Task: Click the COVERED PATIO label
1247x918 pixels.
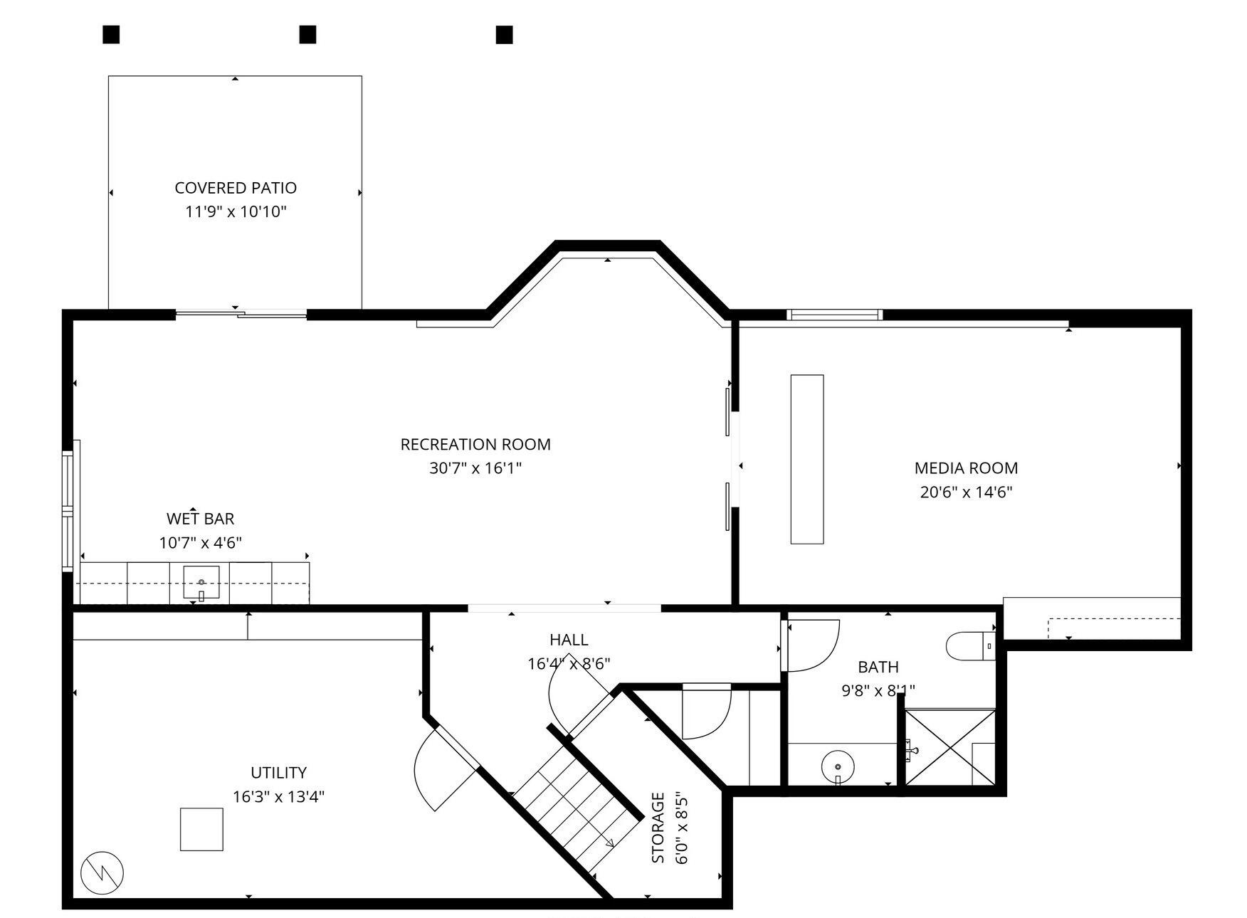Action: click(x=236, y=188)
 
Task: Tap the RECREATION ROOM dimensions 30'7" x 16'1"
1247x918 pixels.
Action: click(x=475, y=468)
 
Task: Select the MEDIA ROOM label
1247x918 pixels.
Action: click(x=966, y=468)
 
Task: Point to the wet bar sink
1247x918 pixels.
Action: click(x=201, y=582)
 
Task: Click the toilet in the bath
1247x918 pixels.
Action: click(x=969, y=646)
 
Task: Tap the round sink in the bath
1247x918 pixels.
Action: click(x=838, y=766)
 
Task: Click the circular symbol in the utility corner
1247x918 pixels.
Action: click(x=102, y=872)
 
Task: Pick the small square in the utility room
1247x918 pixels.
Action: click(x=201, y=829)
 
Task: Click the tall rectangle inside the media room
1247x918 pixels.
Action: click(x=807, y=459)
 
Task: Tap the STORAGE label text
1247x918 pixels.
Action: click(x=658, y=828)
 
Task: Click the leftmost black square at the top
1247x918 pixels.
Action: click(x=111, y=34)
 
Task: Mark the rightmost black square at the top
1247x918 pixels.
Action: click(x=504, y=34)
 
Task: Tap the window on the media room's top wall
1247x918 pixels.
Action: click(x=834, y=315)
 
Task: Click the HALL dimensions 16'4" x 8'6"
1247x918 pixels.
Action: click(x=569, y=664)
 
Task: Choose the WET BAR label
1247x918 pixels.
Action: click(x=200, y=519)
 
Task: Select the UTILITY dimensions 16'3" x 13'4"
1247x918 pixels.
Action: click(x=278, y=796)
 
